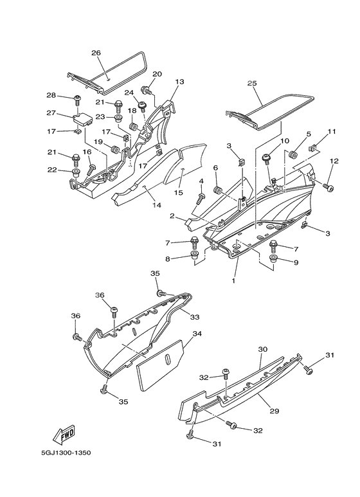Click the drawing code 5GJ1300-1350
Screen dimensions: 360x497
tap(66, 453)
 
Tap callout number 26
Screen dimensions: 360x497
tap(96, 53)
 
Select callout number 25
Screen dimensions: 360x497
tap(252, 84)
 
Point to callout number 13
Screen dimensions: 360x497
tap(179, 82)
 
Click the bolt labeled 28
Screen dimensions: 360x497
tap(77, 99)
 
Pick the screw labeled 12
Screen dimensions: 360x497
tap(328, 187)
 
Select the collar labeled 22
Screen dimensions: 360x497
tap(76, 174)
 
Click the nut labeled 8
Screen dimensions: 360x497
tap(194, 255)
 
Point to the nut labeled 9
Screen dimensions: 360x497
tap(273, 258)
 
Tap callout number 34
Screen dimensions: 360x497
tap(197, 334)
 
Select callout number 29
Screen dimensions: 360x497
tap(274, 411)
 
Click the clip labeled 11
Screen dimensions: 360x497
tap(312, 147)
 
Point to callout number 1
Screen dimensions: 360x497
tap(233, 281)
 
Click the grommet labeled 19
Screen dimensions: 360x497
tap(114, 149)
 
